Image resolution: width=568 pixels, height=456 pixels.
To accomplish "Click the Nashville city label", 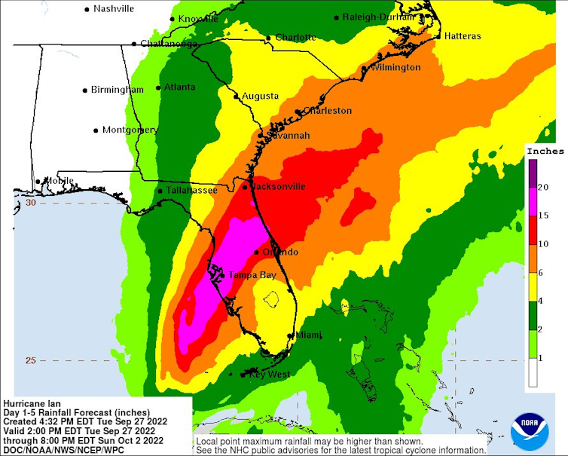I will point(114,8).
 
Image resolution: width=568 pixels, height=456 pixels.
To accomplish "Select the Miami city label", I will point(308,335).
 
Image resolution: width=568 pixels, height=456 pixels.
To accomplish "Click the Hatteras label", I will point(462,35).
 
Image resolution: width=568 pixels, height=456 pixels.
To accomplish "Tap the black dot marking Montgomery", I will point(96,130).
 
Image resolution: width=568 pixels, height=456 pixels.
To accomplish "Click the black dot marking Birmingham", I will point(84,90).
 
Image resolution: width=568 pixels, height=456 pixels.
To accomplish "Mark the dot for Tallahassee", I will point(160,191).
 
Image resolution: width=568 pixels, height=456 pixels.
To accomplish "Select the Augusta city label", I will point(260,96).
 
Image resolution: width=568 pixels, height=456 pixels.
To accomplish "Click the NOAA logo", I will point(530,430).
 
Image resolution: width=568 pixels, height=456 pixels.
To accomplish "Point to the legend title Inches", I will point(545,151).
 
